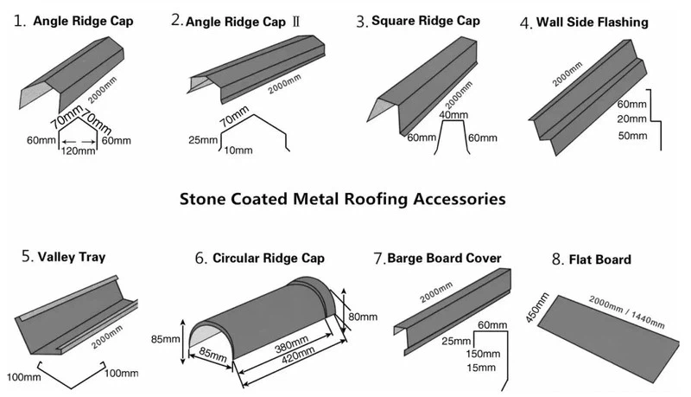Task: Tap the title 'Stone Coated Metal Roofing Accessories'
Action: (342, 198)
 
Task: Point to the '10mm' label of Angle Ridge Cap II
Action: (237, 150)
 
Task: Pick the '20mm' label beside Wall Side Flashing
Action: (632, 119)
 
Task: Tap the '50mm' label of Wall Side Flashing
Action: (632, 136)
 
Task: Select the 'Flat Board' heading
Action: (602, 259)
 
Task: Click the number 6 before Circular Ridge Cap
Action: (200, 258)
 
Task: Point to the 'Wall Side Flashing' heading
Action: (592, 22)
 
